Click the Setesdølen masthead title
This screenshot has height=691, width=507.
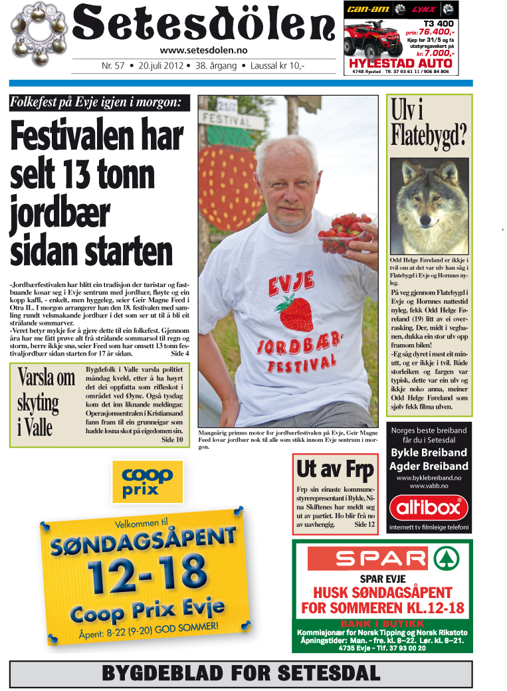(203, 25)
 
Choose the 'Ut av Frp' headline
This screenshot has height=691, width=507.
(335, 469)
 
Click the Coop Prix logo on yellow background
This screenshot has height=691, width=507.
(148, 482)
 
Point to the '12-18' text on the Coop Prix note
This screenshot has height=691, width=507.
(145, 571)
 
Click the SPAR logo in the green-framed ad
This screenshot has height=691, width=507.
(382, 557)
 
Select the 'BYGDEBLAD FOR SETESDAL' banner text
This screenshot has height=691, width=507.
(241, 673)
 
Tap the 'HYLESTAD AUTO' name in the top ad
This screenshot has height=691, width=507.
(399, 64)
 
